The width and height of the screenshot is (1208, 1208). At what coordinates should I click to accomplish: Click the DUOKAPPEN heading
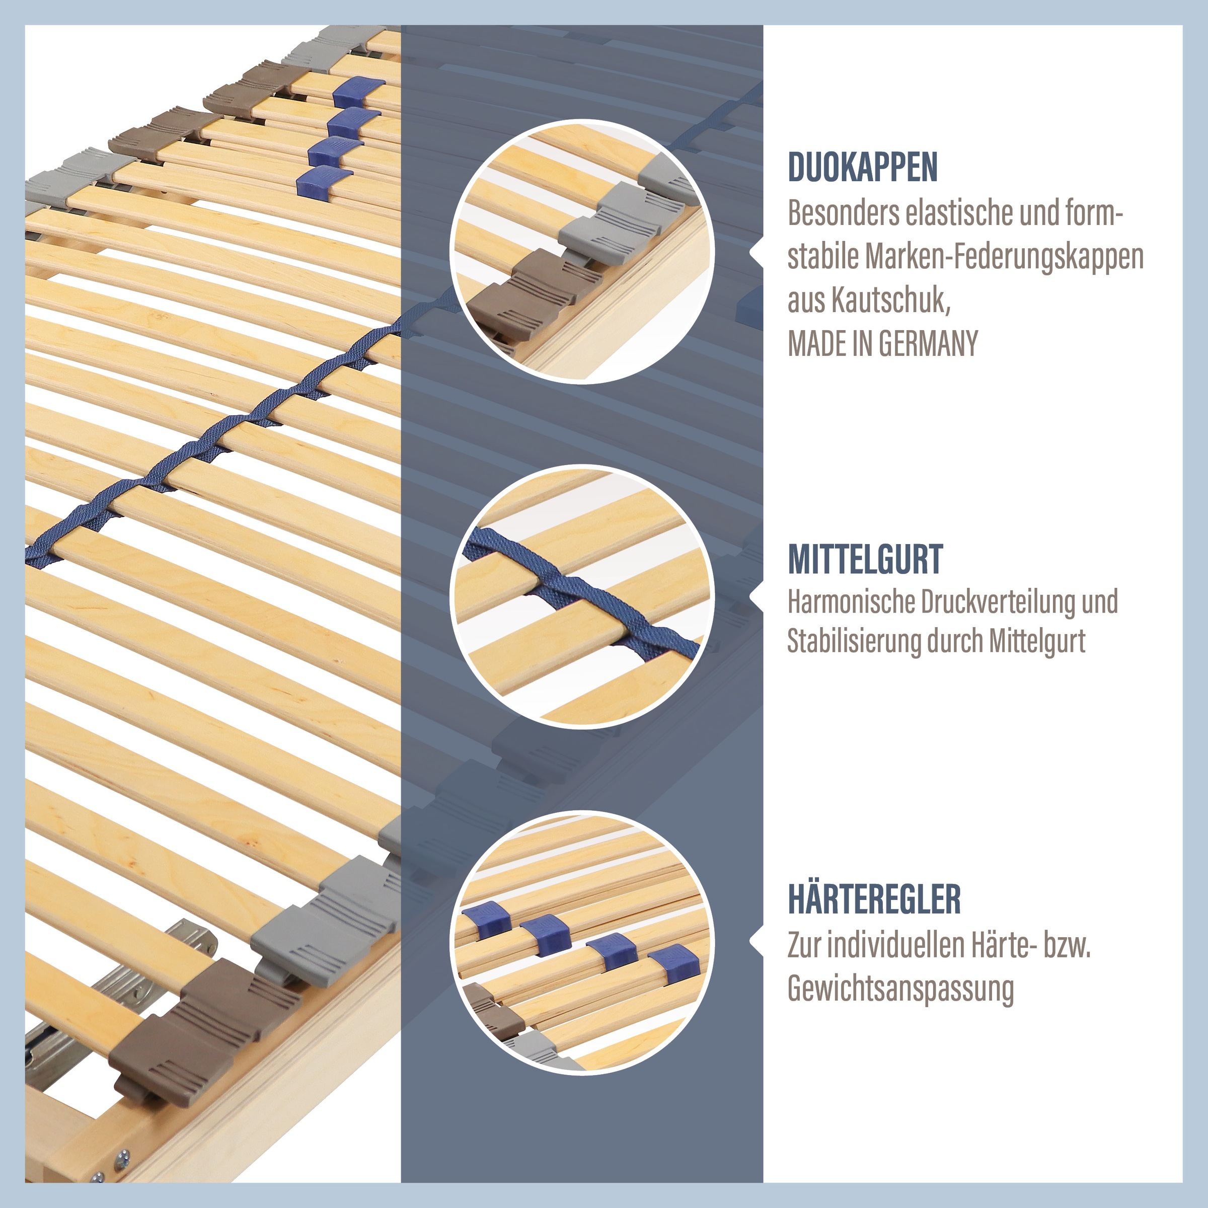[x=862, y=167]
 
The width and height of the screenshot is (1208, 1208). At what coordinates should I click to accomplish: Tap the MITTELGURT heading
[x=865, y=559]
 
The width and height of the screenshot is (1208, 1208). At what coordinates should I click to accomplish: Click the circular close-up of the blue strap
[x=581, y=596]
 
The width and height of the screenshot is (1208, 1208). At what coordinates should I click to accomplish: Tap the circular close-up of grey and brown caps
[x=581, y=251]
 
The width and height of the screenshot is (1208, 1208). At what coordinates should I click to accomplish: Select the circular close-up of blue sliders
[x=581, y=943]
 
